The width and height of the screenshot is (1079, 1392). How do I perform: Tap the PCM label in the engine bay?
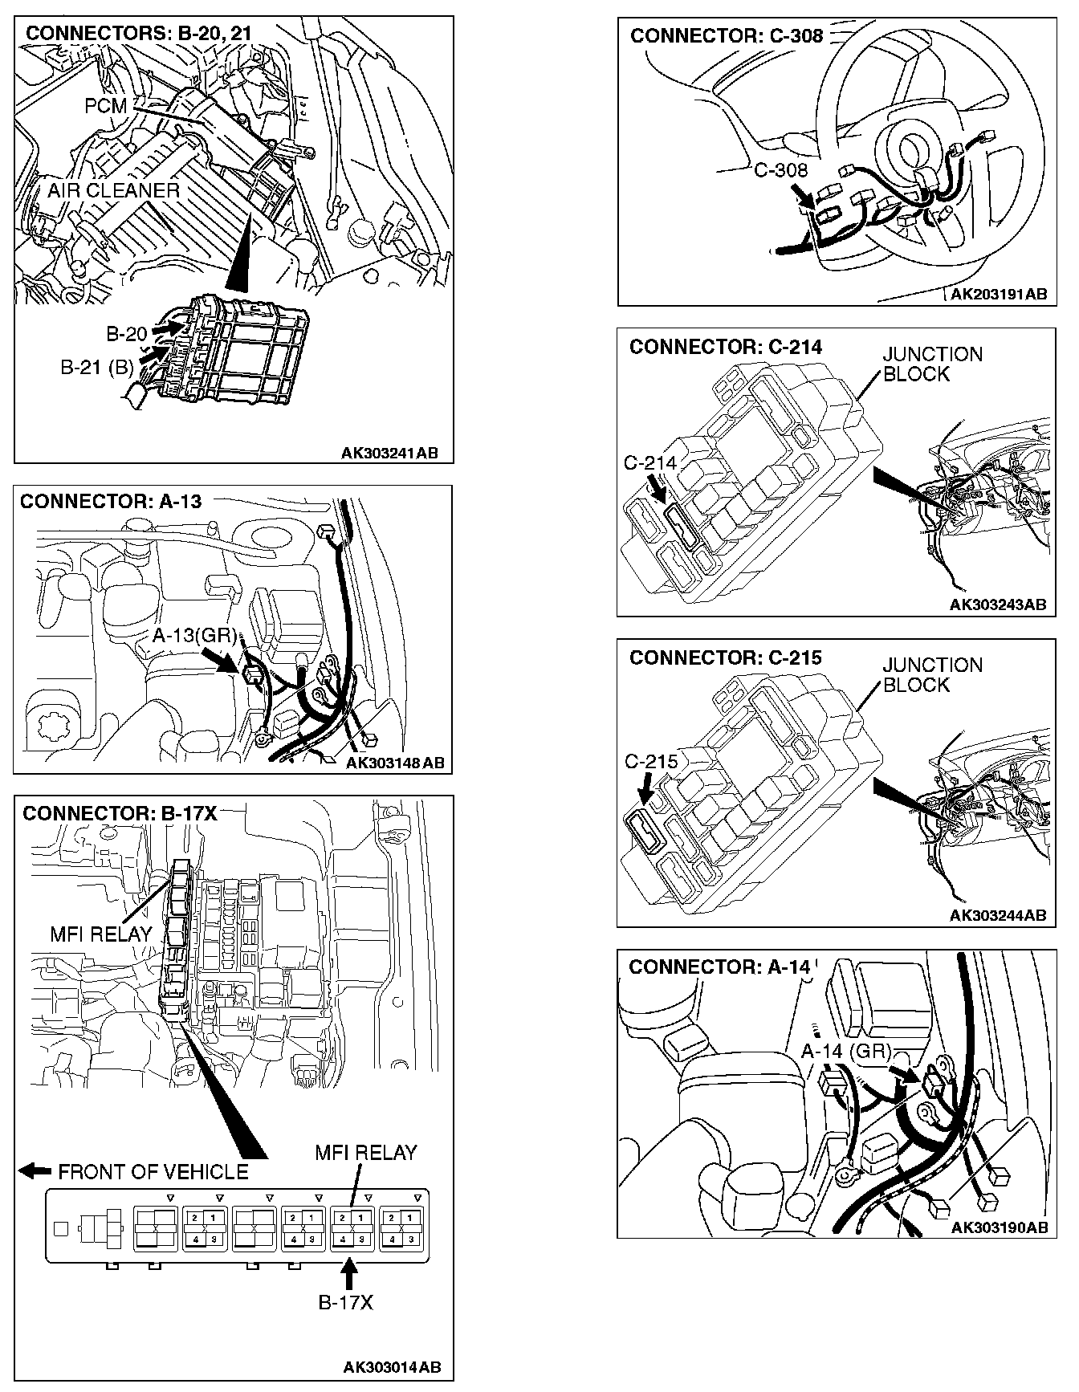pos(104,106)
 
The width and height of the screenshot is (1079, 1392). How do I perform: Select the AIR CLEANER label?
pos(113,191)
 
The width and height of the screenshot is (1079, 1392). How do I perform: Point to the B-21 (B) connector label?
pos(97,368)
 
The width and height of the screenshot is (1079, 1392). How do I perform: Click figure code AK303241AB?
pos(390,454)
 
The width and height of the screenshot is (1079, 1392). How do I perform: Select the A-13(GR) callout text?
pos(194,637)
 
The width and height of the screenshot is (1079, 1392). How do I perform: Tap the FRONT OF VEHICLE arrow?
pos(35,1171)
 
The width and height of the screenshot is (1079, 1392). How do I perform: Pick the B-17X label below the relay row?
pos(346,1302)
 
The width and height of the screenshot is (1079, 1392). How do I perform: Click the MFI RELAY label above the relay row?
pos(366,1153)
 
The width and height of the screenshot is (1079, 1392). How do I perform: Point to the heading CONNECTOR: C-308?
pos(727,35)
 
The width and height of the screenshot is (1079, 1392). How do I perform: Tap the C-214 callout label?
pos(650,464)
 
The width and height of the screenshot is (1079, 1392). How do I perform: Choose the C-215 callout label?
pos(651,761)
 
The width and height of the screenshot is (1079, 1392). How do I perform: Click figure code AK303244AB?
pos(998,915)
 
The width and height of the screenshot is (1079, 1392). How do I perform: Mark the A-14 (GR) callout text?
pos(846,1052)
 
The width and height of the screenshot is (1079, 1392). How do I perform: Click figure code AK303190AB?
pos(1000,1227)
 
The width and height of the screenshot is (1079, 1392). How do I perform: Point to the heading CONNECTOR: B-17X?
pos(120,813)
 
